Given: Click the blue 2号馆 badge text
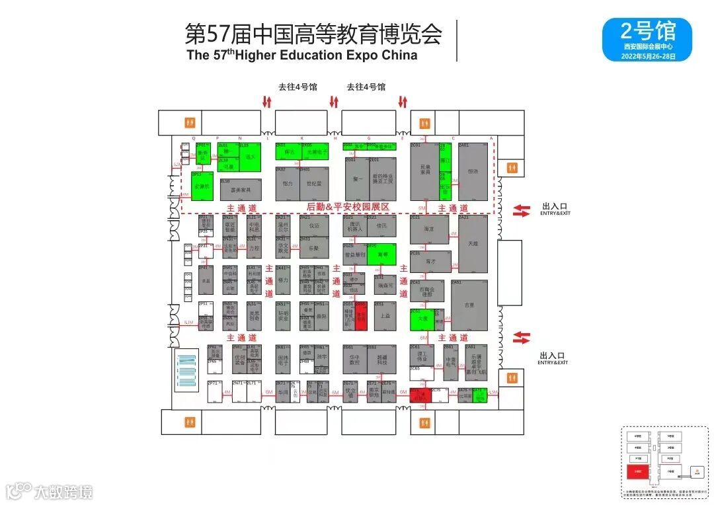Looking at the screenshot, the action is click(647, 31).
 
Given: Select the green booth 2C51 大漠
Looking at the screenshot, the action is click(422, 319).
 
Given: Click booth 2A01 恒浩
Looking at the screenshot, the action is click(473, 171).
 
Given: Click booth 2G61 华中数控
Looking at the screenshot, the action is click(354, 361).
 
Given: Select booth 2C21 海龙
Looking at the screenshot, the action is click(429, 229).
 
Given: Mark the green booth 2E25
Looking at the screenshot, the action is click(381, 254).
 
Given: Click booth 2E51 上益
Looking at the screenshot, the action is click(385, 316).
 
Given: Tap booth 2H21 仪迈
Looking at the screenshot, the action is click(313, 225).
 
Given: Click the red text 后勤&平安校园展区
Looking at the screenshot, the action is click(348, 208).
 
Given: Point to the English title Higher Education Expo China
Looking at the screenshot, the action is click(327, 56).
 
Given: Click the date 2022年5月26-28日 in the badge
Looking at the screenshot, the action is click(647, 56).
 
